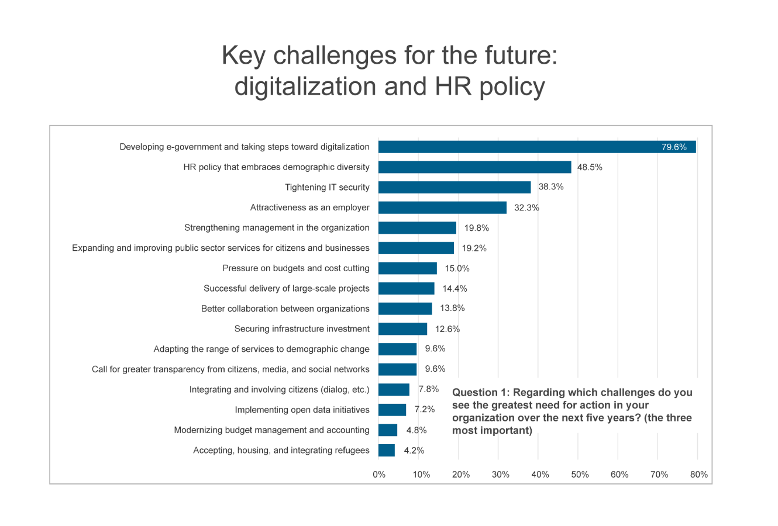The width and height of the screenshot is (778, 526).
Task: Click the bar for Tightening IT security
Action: coord(455,188)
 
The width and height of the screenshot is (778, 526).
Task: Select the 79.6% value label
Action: coord(674,147)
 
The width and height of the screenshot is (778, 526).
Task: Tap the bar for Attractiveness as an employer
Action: coord(442,207)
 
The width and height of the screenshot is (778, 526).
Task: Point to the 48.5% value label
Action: coord(590,167)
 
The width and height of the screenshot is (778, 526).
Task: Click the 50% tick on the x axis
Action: coord(580,475)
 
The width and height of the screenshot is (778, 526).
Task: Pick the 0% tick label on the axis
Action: coord(379,475)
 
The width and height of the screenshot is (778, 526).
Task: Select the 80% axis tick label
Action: coord(699,475)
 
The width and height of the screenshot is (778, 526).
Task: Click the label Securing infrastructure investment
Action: coord(302,329)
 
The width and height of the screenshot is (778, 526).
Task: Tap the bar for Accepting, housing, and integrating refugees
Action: coord(387,451)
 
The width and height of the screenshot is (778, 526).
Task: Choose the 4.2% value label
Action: coord(414,451)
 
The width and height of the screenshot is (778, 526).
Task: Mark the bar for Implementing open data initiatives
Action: coord(392,410)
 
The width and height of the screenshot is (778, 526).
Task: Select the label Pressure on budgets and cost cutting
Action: coord(296,268)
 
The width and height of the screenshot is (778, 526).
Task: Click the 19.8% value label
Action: coord(477,228)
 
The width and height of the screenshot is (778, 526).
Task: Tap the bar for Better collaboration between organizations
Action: coord(405,309)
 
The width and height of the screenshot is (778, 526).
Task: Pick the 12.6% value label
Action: coord(447,329)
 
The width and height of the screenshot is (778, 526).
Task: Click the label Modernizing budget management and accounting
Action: coord(272,430)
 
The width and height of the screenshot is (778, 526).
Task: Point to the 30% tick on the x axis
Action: coord(500,475)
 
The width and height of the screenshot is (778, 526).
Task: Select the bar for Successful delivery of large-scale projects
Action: coord(407,289)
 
